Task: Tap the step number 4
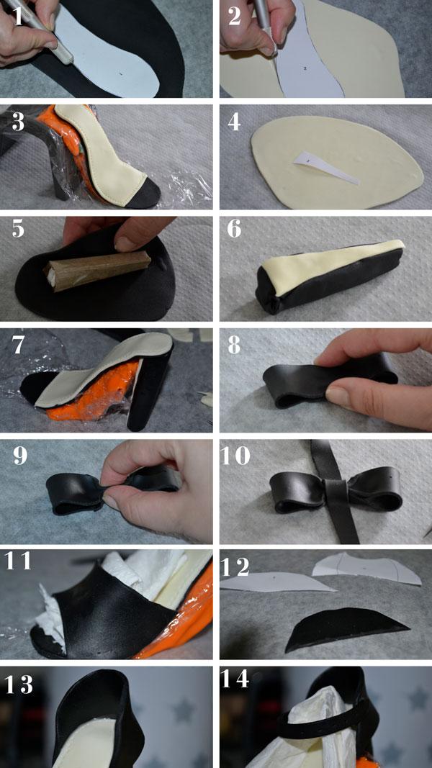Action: (233, 122)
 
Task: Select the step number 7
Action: (17, 345)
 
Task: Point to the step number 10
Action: (235, 456)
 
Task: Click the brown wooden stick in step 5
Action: (97, 270)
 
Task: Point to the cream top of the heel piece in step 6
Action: (333, 263)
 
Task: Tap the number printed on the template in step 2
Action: (305, 69)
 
